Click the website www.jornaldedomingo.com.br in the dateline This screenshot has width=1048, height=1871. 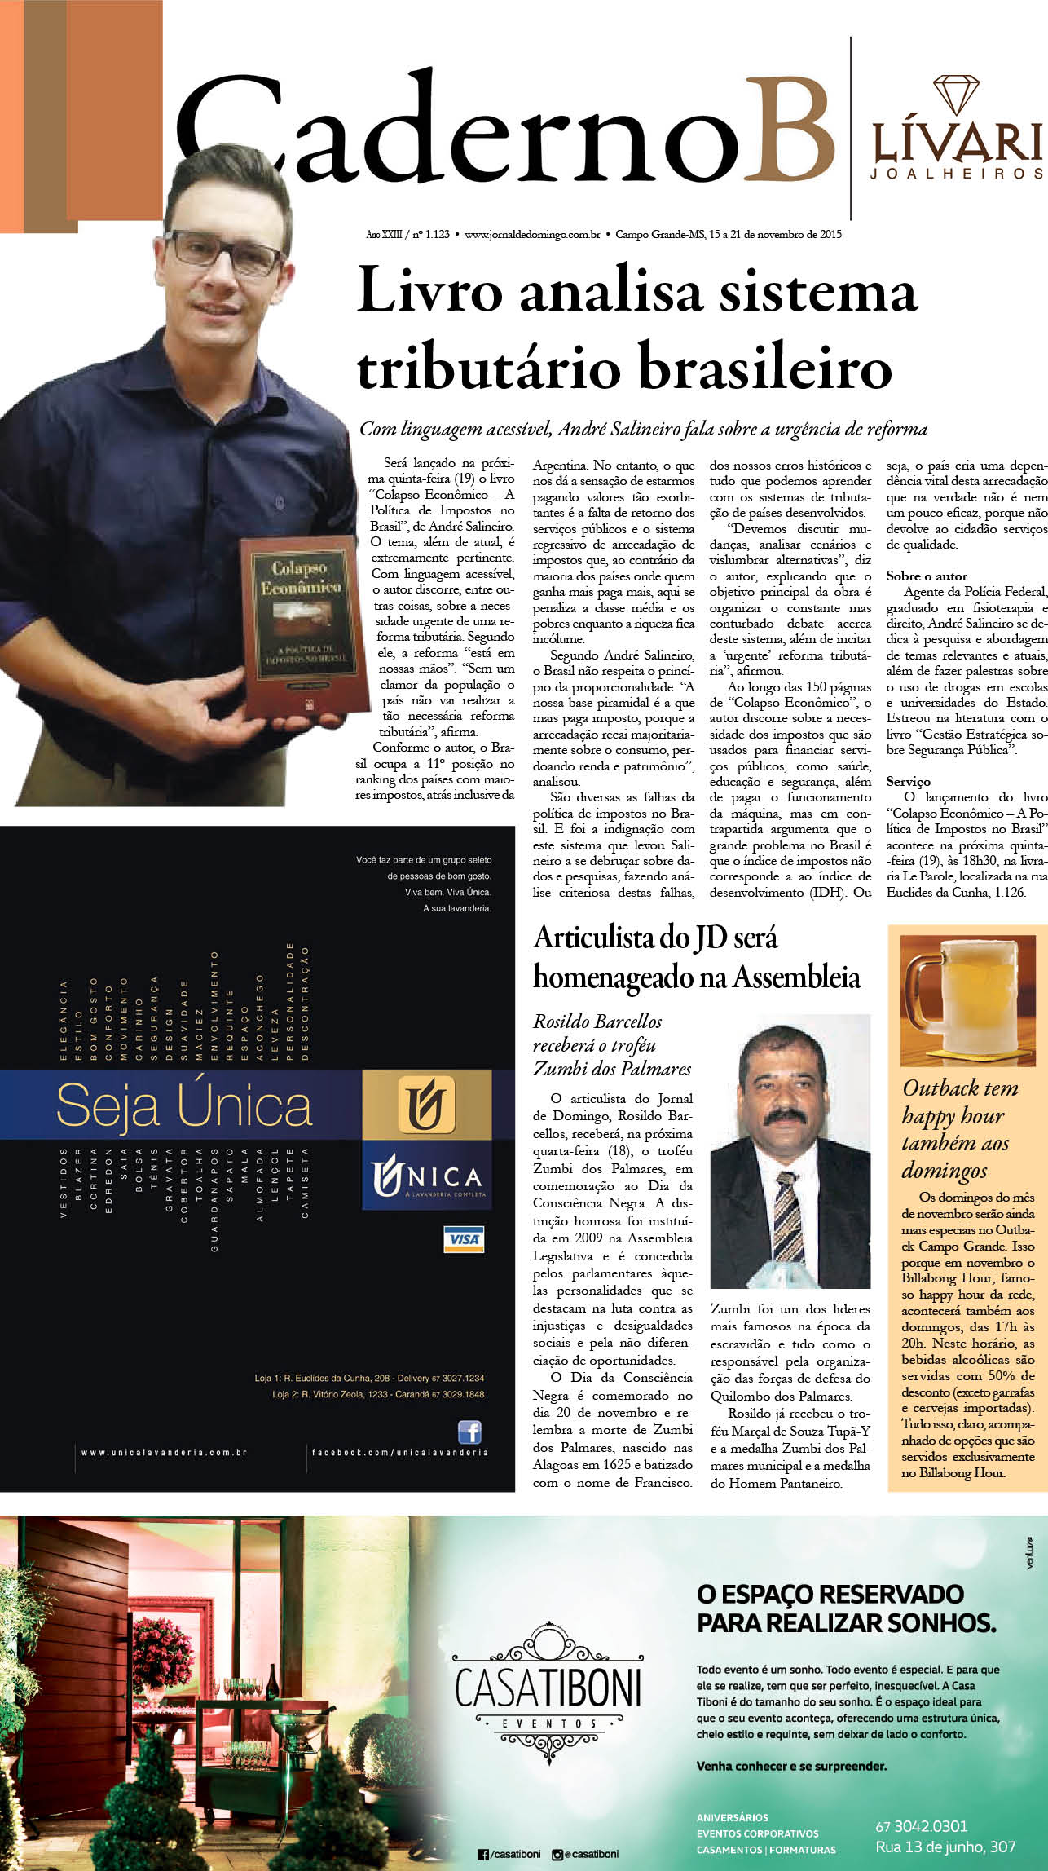[x=532, y=234]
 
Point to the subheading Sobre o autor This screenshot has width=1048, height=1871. [x=927, y=576]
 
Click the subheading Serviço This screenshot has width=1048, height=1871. [x=908, y=781]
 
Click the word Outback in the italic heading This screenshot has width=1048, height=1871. [x=941, y=1088]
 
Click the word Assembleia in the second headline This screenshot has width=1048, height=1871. [x=796, y=977]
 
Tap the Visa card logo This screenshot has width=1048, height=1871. [x=463, y=1238]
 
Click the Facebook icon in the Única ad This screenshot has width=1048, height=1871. [x=469, y=1432]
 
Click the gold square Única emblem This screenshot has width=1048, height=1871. [x=425, y=1105]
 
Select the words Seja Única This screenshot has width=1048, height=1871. [x=184, y=1106]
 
